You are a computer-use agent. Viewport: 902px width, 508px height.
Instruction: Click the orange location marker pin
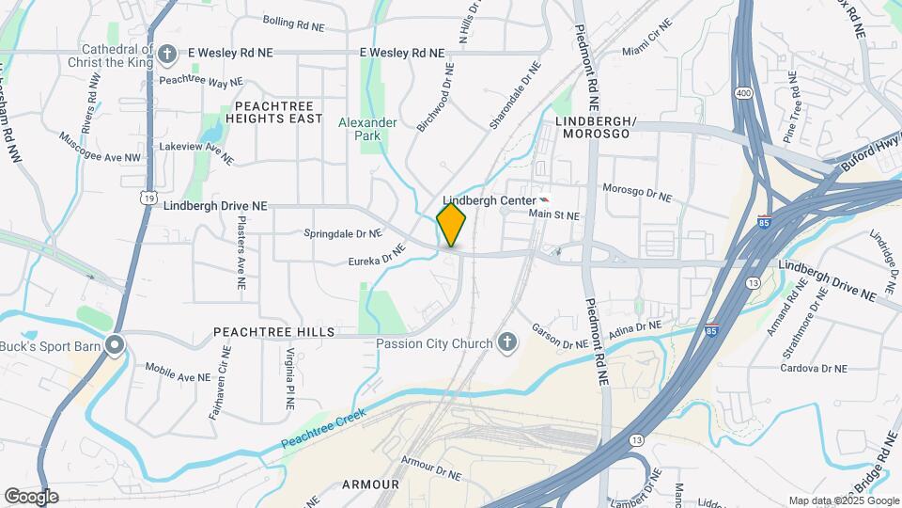click(451, 224)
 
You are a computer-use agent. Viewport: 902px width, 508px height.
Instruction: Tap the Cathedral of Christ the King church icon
click(168, 54)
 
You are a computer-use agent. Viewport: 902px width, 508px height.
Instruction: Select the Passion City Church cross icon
click(507, 342)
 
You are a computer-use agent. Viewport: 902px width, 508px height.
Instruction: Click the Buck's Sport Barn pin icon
click(116, 345)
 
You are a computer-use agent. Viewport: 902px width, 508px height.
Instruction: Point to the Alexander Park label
click(367, 129)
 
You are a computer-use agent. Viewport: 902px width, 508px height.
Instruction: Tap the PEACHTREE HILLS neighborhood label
click(273, 332)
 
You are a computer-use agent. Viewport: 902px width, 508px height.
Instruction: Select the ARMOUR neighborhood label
click(370, 484)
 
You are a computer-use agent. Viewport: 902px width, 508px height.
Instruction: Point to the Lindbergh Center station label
click(488, 200)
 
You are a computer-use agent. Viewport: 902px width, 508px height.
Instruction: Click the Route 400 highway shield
click(744, 93)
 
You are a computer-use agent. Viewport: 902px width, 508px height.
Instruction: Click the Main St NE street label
click(553, 215)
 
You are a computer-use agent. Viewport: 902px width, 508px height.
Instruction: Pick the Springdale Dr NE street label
click(343, 232)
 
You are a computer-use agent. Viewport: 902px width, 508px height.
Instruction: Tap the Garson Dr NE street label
click(560, 336)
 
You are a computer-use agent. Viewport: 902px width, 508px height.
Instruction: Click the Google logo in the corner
click(31, 497)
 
